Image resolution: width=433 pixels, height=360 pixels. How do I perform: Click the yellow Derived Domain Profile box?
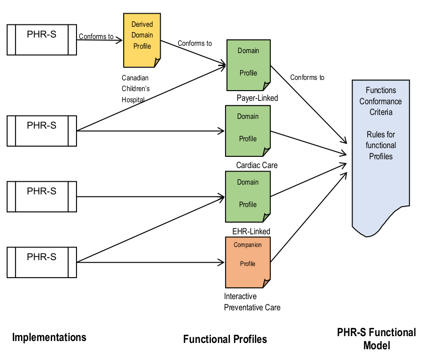pyautogui.click(x=142, y=40)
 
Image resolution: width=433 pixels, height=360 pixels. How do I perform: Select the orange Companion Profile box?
pyautogui.click(x=248, y=262)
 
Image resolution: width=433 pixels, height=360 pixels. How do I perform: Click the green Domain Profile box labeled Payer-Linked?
pyautogui.click(x=248, y=65)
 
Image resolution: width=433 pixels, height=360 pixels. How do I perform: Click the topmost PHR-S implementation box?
pyautogui.click(x=42, y=39)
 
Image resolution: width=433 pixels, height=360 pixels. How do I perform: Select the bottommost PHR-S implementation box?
pyautogui.click(x=42, y=263)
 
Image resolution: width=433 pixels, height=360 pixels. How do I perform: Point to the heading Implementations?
pyautogui.click(x=49, y=337)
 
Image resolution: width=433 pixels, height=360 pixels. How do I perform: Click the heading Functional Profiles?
pyautogui.click(x=225, y=339)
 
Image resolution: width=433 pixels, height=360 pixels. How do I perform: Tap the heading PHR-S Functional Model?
pyautogui.click(x=377, y=339)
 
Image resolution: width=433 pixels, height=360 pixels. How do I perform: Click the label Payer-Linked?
pyautogui.click(x=257, y=98)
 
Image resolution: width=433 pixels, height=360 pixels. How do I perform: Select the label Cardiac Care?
pyautogui.click(x=257, y=165)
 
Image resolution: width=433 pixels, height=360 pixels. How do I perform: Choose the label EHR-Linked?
pyautogui.click(x=251, y=231)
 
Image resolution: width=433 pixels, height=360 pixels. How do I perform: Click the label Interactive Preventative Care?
pyautogui.click(x=252, y=302)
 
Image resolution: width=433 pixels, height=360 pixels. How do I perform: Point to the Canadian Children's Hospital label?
pyautogui.click(x=135, y=88)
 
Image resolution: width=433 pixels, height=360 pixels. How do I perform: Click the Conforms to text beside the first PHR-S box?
pyautogui.click(x=96, y=36)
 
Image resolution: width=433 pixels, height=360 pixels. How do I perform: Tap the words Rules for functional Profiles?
pyautogui.click(x=381, y=145)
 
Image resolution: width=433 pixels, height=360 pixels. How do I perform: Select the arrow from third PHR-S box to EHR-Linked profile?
pyautogui.click(x=146, y=197)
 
